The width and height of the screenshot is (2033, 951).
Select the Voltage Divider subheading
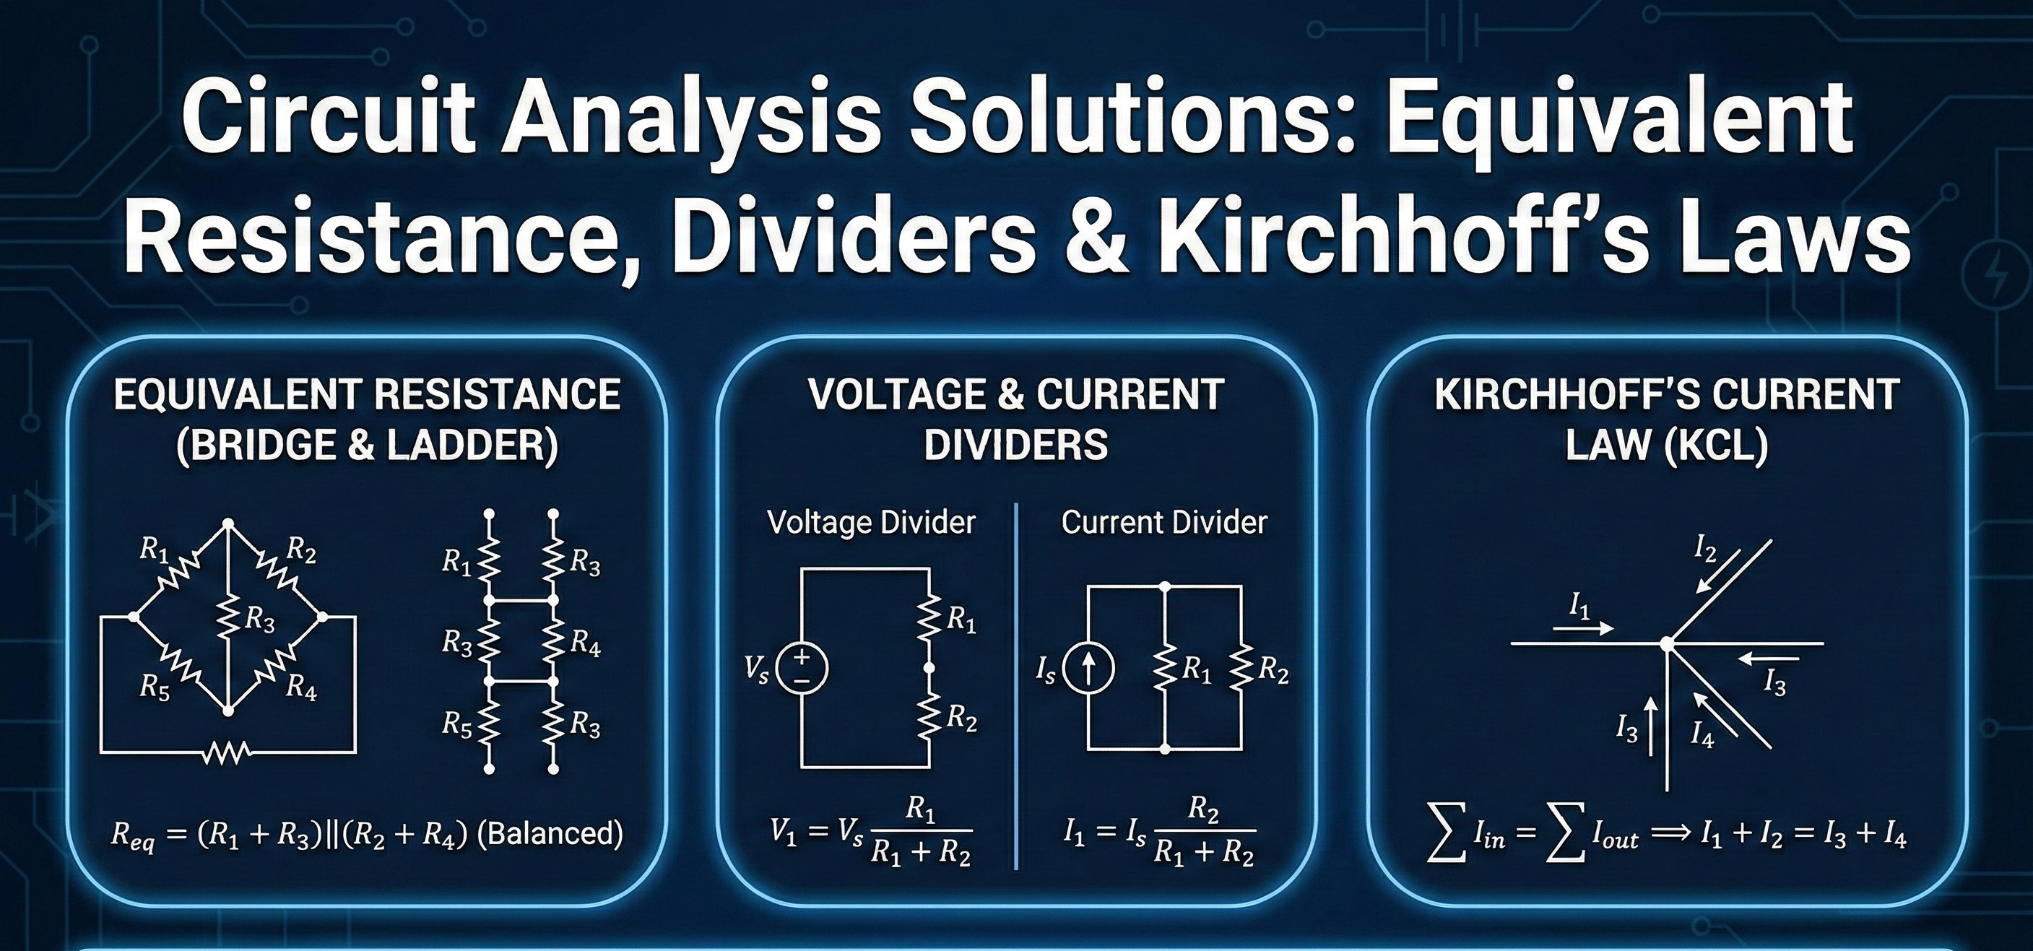871,523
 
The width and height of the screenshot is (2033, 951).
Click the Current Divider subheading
1164,523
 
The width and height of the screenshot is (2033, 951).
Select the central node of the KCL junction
1667,644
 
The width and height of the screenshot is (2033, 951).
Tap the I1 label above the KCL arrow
1579,606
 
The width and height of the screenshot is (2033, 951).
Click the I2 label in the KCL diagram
1704,549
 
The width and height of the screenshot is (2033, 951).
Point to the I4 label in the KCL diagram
1702,736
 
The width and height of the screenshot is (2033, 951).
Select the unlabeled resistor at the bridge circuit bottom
227,753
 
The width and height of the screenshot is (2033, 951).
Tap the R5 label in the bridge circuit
154,687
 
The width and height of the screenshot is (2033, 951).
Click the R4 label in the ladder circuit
585,644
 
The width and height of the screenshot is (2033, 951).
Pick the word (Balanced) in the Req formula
551,833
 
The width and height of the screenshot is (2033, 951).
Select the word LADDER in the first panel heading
471,446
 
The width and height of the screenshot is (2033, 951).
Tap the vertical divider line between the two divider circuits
1017,687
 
